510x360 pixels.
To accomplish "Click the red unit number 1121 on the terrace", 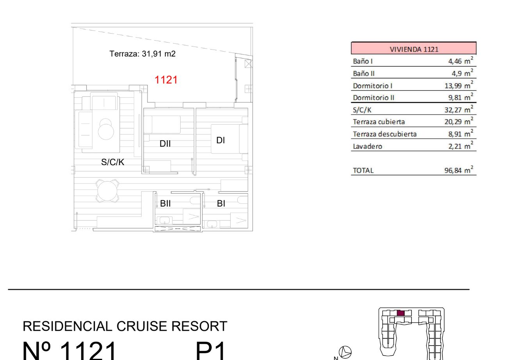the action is click(x=166, y=80).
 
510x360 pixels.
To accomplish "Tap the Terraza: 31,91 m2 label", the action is click(x=142, y=54).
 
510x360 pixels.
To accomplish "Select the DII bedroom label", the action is click(x=165, y=144).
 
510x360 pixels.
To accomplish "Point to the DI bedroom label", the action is click(x=220, y=140).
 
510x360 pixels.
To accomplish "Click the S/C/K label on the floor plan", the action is click(x=113, y=162).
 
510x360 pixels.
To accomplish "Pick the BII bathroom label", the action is click(x=165, y=203).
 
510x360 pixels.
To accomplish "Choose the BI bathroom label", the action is click(x=221, y=203).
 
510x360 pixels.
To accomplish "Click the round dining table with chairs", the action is click(x=107, y=191).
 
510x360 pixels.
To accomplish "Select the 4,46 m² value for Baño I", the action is click(x=460, y=61).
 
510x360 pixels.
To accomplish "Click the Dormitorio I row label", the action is click(x=373, y=86).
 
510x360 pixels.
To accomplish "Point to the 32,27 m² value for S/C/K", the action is click(x=459, y=109).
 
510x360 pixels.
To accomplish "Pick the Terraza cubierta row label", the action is click(x=379, y=122).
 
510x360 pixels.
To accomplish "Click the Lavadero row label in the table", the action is click(x=368, y=146).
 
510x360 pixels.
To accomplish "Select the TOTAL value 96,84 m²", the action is click(x=459, y=170).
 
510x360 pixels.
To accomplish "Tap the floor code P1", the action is click(x=211, y=351).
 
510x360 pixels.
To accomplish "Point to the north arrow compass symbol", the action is click(x=345, y=352).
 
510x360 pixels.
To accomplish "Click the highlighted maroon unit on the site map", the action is click(x=400, y=313).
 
